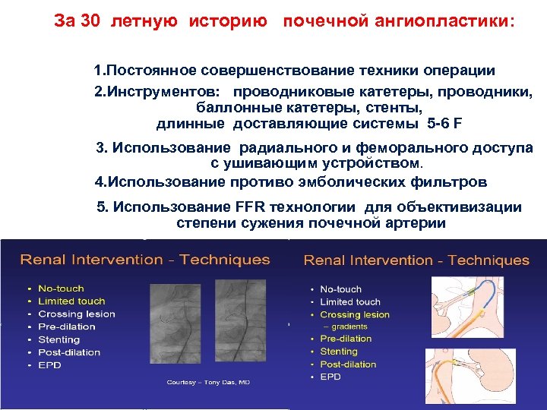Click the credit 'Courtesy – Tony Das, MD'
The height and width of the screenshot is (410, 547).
(x=208, y=382)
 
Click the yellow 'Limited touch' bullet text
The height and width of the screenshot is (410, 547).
(x=71, y=301)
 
